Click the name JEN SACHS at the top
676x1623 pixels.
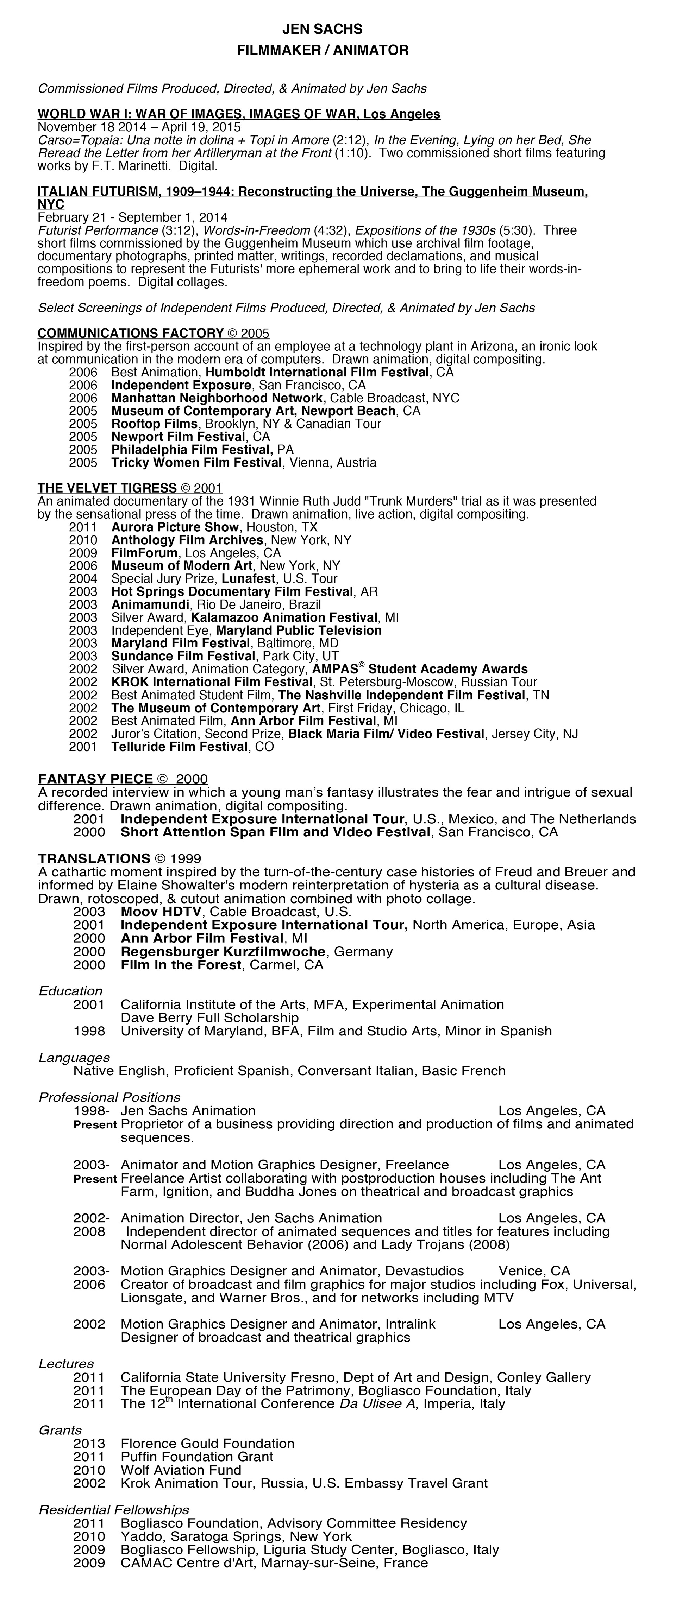[322, 29]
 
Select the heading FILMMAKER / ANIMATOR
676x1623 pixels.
[322, 50]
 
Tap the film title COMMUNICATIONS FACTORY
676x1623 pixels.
[131, 333]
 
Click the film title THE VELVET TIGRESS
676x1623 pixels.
[107, 488]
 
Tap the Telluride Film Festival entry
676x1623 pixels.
[179, 747]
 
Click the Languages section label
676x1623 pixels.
[74, 1057]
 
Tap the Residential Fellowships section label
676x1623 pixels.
[113, 1510]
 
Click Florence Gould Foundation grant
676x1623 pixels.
[207, 1444]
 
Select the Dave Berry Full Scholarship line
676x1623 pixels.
[209, 1017]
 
